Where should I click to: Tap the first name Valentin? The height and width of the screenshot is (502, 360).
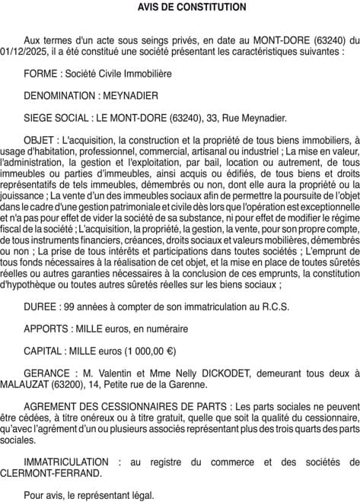tap(111, 374)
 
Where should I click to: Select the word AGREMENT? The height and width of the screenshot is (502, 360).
tap(52, 407)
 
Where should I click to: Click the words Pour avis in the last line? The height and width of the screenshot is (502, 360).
tap(43, 495)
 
